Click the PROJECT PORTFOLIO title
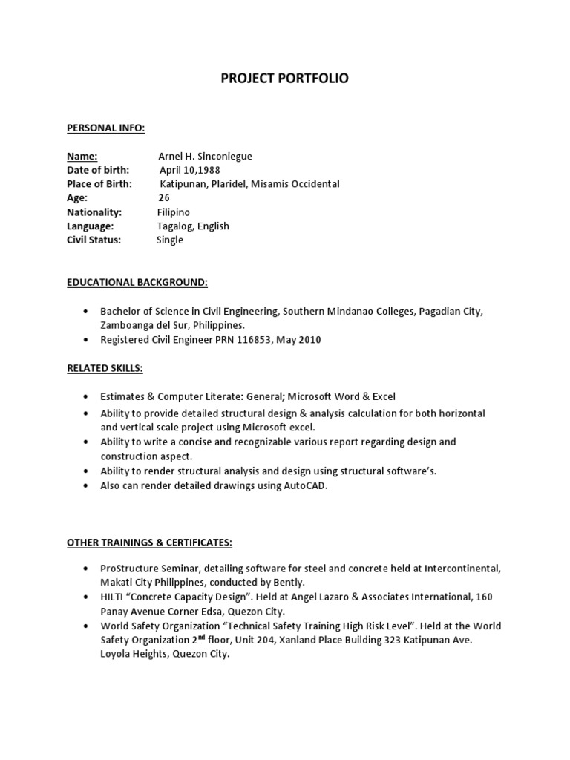285,78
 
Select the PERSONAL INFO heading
106,128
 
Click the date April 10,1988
190,170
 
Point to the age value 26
164,198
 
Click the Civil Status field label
94,240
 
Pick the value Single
170,240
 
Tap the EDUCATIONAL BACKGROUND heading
137,283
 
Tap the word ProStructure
129,568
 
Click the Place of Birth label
99,184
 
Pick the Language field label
90,226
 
